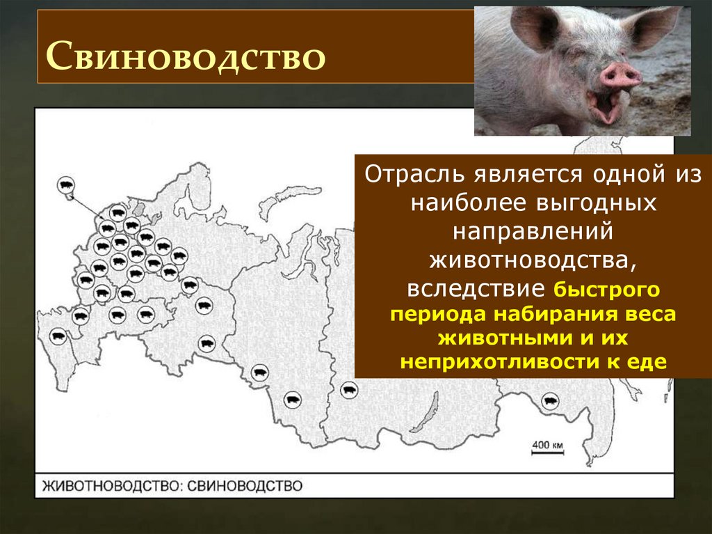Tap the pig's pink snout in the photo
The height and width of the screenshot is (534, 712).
click(620, 75)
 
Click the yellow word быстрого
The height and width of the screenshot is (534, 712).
click(606, 288)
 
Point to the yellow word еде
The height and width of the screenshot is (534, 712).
click(651, 362)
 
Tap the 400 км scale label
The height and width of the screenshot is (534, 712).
click(549, 443)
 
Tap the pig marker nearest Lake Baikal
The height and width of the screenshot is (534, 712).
click(348, 390)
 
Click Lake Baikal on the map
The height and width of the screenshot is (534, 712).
click(432, 403)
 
